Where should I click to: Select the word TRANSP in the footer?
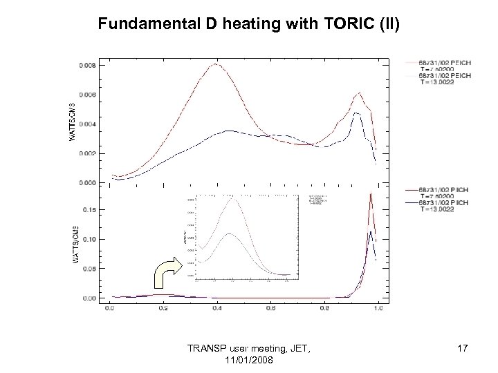coord(210,350)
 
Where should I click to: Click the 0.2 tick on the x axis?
coord(163,309)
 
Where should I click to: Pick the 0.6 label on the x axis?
coord(270,309)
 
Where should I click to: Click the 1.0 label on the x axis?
coord(377,309)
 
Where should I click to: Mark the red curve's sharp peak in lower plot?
coord(371,193)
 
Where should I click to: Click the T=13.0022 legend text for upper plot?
coord(432,80)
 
